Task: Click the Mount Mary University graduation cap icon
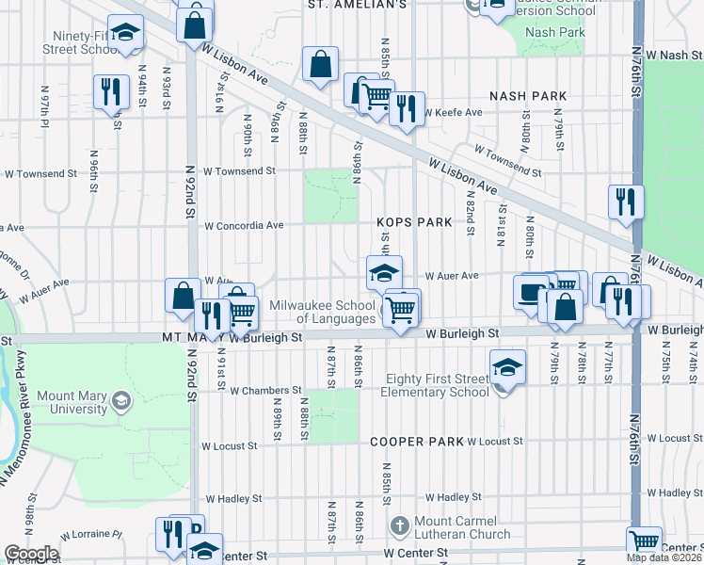pos(120,402)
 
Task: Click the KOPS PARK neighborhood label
pos(414,222)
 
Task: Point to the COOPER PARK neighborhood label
pos(417,441)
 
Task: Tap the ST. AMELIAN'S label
pos(358,5)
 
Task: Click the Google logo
pos(31,554)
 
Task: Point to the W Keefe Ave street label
pos(454,113)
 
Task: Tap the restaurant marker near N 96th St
pos(111,92)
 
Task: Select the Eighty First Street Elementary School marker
pos(506,367)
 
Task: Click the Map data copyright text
pos(664,557)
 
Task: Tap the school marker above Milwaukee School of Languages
pos(384,274)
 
